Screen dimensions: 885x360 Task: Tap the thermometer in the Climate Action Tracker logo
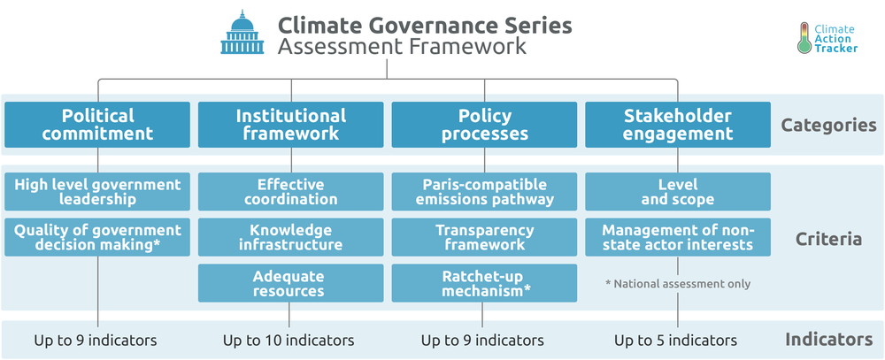[804, 38]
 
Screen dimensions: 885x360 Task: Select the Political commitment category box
[97, 125]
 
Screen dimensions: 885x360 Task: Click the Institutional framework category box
[290, 125]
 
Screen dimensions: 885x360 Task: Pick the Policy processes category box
[484, 125]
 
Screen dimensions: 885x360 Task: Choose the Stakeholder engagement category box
[678, 125]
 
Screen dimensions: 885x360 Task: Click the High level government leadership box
[97, 192]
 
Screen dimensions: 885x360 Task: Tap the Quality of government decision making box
[97, 238]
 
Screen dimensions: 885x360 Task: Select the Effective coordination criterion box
[290, 192]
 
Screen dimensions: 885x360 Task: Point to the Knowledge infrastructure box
[290, 238]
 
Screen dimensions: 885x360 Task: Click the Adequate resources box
[290, 283]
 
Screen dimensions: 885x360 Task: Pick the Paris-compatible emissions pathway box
[484, 192]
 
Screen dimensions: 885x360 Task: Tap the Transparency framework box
[484, 238]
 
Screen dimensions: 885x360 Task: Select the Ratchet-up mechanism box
[484, 283]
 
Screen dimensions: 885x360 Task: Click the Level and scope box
[678, 192]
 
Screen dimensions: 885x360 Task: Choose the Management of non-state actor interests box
[678, 238]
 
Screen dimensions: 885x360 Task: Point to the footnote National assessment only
[678, 284]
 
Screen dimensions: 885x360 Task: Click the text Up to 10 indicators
[289, 341]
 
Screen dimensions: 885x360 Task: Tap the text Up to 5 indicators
[675, 341]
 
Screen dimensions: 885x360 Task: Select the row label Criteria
[828, 239]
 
